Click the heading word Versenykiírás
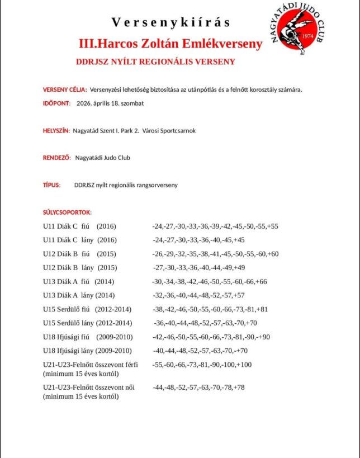[x=170, y=23]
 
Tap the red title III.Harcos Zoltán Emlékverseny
[x=170, y=44]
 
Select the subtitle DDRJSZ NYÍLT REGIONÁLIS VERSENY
[x=155, y=62]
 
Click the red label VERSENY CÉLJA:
[x=64, y=90]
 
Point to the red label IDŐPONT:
[x=56, y=103]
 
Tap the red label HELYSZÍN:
[x=56, y=131]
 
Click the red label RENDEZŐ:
[x=57, y=158]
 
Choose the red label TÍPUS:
[x=51, y=185]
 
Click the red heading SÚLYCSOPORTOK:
[x=67, y=213]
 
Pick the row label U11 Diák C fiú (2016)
[x=80, y=226]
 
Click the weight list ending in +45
[x=198, y=240]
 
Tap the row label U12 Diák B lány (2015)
[x=80, y=267]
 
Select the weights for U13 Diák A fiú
[x=209, y=281]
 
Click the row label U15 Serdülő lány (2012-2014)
[x=88, y=323]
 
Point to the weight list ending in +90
[x=211, y=337]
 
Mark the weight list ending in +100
[x=202, y=365]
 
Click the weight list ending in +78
[x=198, y=387]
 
